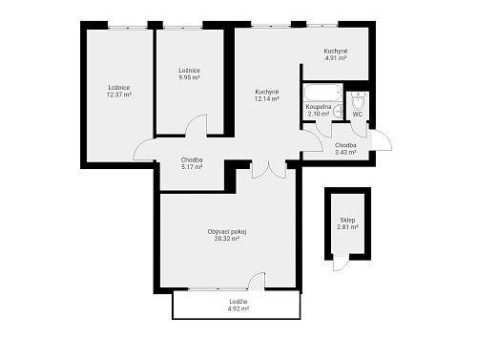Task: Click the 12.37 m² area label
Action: pos(119,95)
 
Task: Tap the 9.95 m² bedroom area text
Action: pos(189,77)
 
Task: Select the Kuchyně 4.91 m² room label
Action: pos(336,54)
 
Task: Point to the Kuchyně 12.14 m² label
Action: pos(267,95)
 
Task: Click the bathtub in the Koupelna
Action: pos(322,93)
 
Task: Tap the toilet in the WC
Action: pos(358,101)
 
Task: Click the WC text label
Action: pos(358,115)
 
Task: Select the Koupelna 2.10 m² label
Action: pos(319,110)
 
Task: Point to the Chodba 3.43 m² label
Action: pos(345,149)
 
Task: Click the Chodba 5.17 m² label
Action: pos(192,163)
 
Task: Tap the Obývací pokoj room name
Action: pos(227,232)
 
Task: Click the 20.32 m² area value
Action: pos(227,239)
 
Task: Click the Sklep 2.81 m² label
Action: pos(347,223)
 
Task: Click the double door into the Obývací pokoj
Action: pos(269,170)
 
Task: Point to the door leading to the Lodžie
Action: pos(257,282)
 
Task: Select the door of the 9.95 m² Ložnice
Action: pos(197,126)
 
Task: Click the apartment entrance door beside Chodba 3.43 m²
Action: pos(381,140)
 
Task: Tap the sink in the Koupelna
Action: pos(339,111)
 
